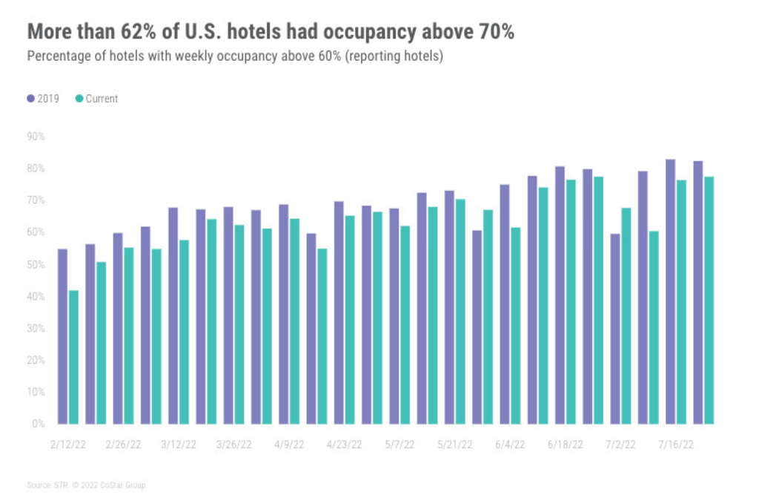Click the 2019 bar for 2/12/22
pos(62,336)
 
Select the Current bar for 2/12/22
pos(73,357)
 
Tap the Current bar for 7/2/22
pos(626,315)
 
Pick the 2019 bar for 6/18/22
pos(560,295)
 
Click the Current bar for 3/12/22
pos(184,332)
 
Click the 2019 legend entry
pos(43,98)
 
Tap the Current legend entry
pos(96,98)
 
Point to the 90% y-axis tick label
pos(36,137)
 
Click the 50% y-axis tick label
pos(36,264)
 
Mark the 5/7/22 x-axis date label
pos(400,445)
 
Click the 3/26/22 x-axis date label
pos(233,445)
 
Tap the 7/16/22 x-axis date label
pos(677,445)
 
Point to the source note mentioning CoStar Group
pos(87,485)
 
